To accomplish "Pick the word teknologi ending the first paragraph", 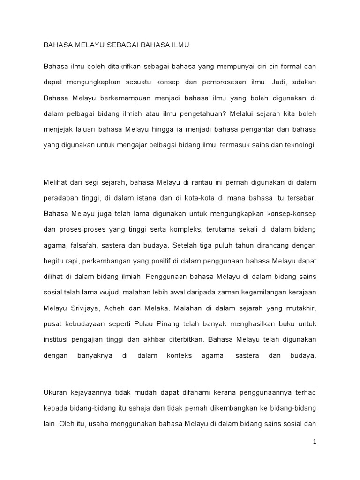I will click(x=296, y=145).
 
